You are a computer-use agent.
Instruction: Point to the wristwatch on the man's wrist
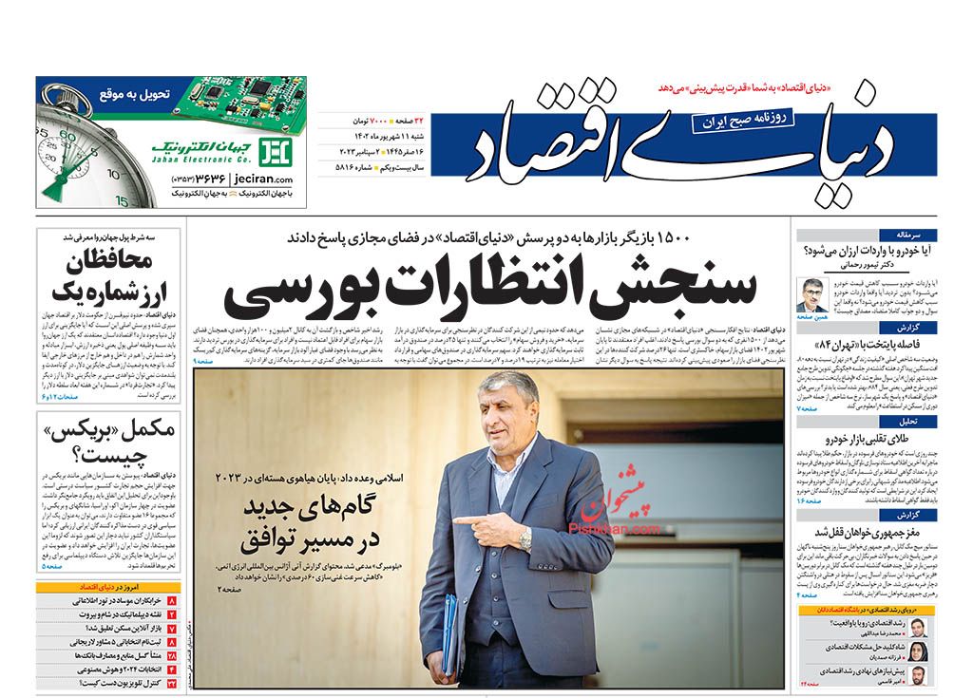pos(525,538)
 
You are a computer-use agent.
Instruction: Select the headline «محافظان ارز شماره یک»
pos(105,276)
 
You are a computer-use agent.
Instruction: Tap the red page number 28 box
pos(172,655)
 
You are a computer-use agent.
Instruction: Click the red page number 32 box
pos(172,682)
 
